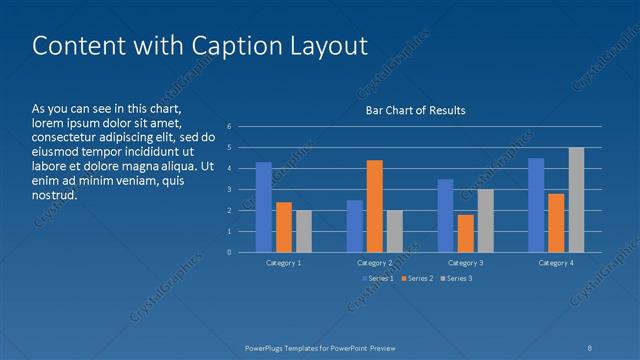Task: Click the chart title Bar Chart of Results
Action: (415, 110)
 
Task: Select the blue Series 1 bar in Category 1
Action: (264, 207)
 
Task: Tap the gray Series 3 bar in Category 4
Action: (576, 200)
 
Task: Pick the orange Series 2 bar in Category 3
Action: (466, 233)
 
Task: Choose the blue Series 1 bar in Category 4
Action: (536, 205)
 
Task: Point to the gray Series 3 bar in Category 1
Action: (304, 231)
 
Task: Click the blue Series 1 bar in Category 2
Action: (355, 226)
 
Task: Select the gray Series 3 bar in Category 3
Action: (486, 220)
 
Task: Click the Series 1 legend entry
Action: (378, 278)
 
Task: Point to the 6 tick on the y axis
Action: (229, 127)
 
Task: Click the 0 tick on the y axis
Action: (229, 252)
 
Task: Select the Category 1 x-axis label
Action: (284, 262)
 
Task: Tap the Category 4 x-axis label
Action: (556, 262)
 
